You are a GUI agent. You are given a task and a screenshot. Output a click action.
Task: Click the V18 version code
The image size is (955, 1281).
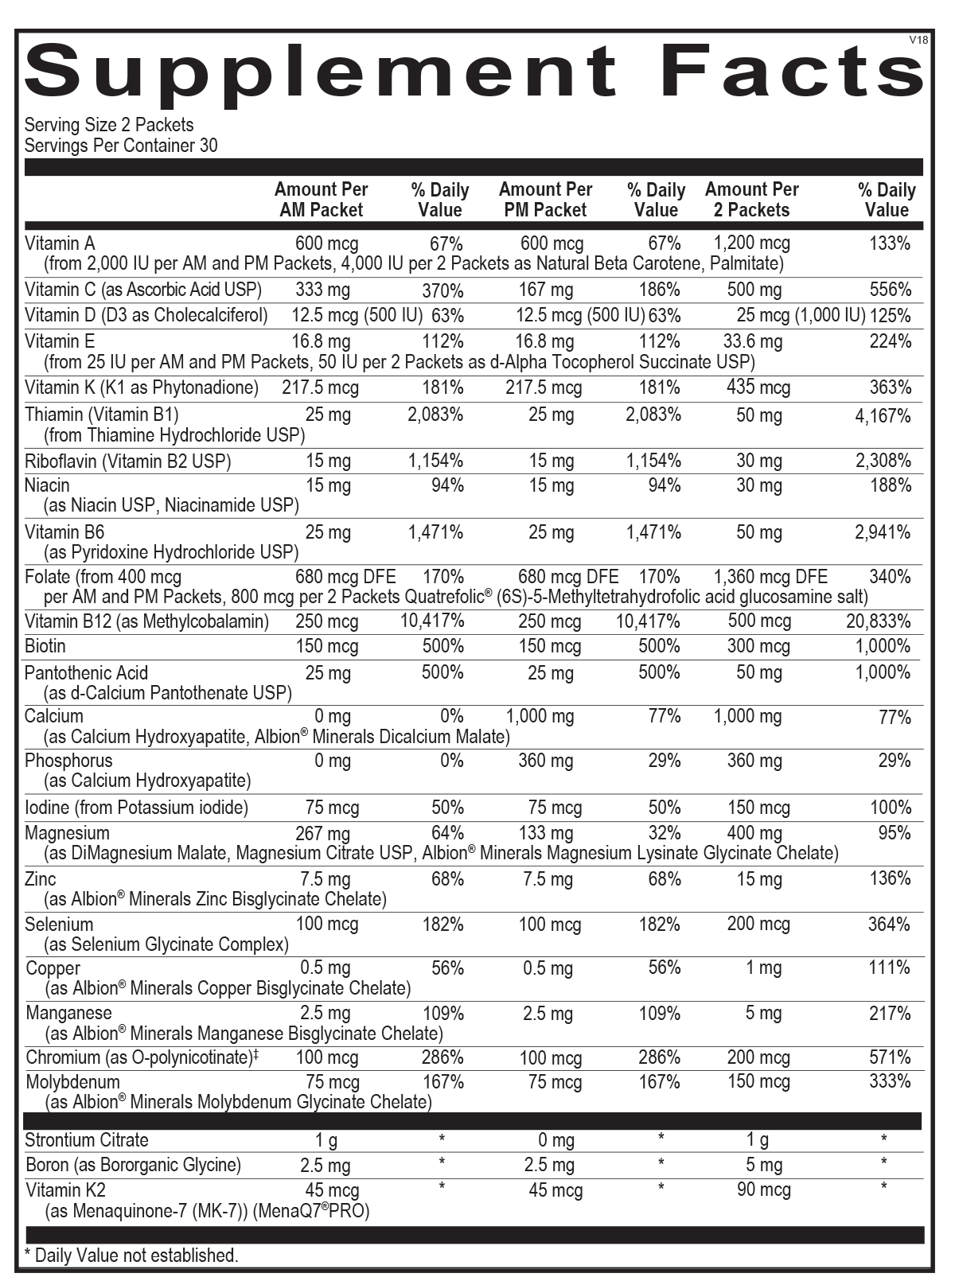(x=918, y=40)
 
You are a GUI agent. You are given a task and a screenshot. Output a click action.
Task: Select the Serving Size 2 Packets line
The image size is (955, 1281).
(x=109, y=125)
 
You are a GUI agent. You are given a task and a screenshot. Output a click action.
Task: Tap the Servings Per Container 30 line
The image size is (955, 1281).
(x=121, y=146)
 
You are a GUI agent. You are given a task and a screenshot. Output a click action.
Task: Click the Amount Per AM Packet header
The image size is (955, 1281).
(x=321, y=200)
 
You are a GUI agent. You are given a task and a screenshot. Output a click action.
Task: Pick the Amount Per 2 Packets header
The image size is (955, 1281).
(x=751, y=200)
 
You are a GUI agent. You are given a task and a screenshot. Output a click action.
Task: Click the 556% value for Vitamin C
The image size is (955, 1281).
(x=890, y=290)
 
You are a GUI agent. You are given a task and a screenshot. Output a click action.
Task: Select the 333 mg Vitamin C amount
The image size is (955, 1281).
(x=322, y=290)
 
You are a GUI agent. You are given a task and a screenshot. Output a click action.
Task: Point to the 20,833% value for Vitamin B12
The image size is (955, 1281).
(x=878, y=621)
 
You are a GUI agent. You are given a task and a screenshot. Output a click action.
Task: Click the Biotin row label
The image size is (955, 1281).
(x=45, y=646)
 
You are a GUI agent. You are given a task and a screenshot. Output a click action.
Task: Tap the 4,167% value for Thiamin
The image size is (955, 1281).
(x=883, y=415)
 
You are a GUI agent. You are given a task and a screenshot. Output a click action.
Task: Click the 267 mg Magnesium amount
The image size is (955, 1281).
(x=322, y=834)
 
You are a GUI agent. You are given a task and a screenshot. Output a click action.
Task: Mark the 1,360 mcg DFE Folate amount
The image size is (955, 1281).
(x=770, y=577)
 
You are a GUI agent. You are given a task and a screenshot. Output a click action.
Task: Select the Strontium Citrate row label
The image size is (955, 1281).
(x=87, y=1140)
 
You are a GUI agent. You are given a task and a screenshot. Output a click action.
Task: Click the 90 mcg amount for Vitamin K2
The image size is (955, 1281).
(x=763, y=1191)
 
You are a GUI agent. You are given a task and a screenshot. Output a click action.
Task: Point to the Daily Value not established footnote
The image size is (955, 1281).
(x=131, y=1256)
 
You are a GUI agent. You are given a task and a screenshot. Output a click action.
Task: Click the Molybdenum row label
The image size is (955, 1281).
(x=73, y=1082)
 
